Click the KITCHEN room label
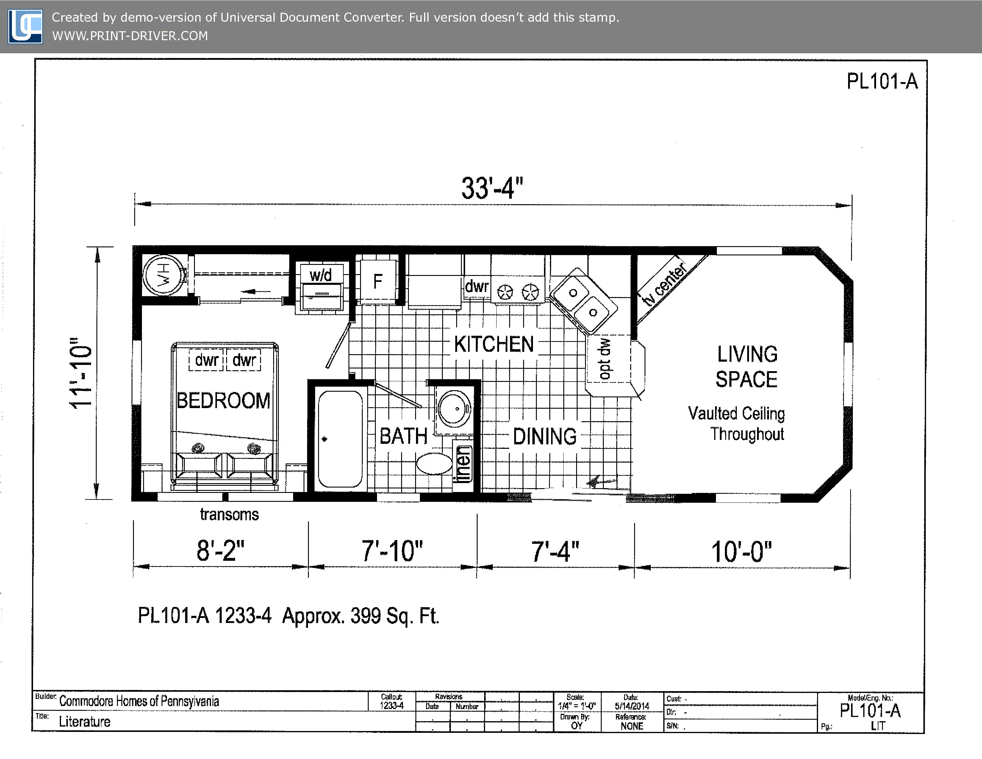[494, 344]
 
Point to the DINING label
[545, 437]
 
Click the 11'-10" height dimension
[81, 373]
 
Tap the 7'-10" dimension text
[392, 551]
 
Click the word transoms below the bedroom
[229, 514]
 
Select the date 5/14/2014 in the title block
[632, 706]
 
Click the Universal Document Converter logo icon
[26, 26]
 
